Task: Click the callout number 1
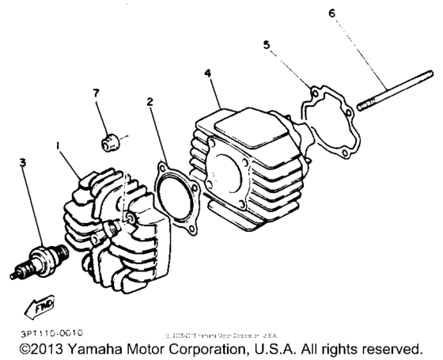click(56, 146)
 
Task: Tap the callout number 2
click(150, 102)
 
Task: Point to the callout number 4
click(207, 73)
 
